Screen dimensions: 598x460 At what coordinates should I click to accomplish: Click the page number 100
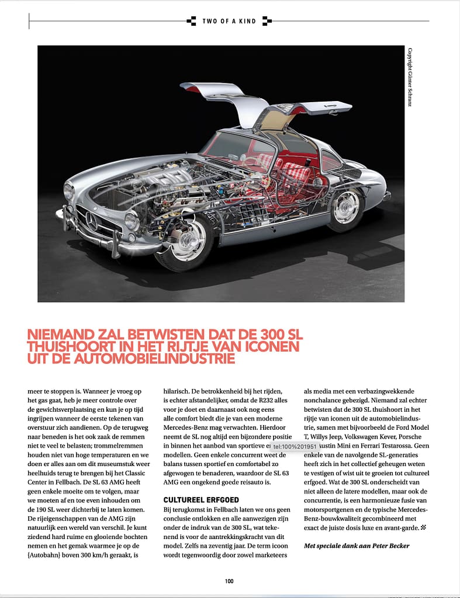(x=229, y=580)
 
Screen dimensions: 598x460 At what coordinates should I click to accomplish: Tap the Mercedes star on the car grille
(x=91, y=219)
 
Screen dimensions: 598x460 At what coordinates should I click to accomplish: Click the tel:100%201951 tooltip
(x=295, y=447)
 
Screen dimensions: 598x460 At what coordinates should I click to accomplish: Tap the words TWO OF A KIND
(x=229, y=21)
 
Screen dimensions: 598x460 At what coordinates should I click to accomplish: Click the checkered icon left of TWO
(x=191, y=21)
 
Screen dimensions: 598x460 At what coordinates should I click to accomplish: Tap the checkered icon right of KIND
(x=267, y=21)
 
